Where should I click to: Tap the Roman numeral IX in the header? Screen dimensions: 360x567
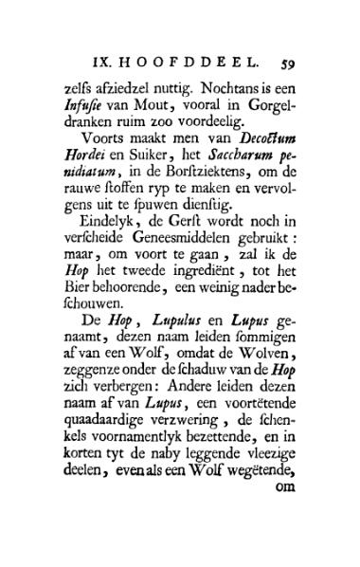109,65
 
